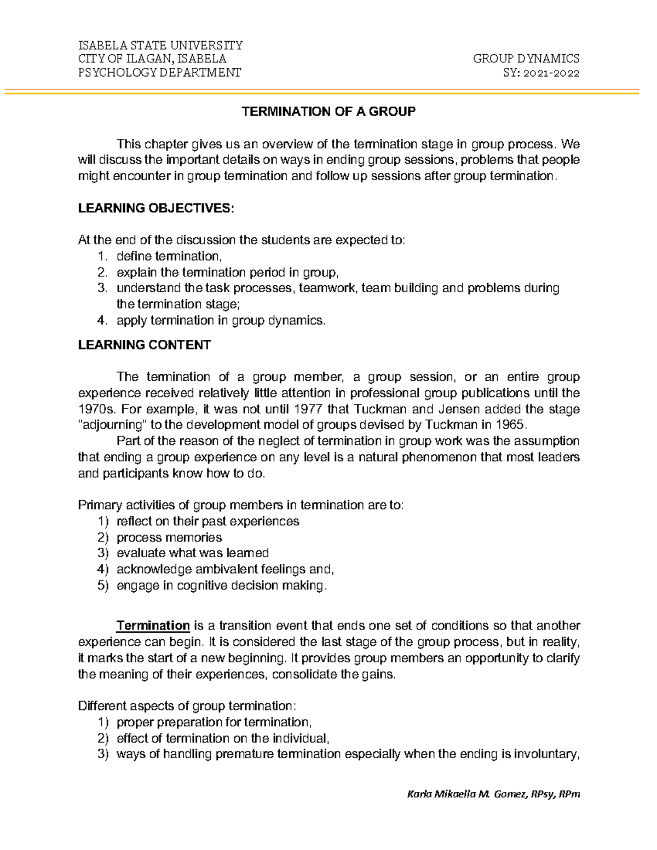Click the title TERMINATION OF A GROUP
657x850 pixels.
(x=328, y=112)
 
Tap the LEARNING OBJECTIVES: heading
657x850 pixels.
(x=155, y=208)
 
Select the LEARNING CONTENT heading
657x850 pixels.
(x=144, y=345)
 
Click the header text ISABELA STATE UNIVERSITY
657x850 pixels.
(x=160, y=45)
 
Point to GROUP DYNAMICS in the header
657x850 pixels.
(x=526, y=59)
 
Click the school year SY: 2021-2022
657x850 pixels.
(x=541, y=73)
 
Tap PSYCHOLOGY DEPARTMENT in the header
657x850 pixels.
(x=159, y=73)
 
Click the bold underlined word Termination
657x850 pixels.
(x=153, y=626)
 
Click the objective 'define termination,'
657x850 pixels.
(x=169, y=256)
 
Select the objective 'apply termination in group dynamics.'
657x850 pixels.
(x=221, y=321)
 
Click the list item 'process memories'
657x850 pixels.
(x=169, y=537)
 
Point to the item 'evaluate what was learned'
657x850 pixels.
(x=193, y=553)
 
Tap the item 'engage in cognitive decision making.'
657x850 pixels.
(x=222, y=585)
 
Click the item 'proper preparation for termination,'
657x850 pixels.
(x=214, y=722)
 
